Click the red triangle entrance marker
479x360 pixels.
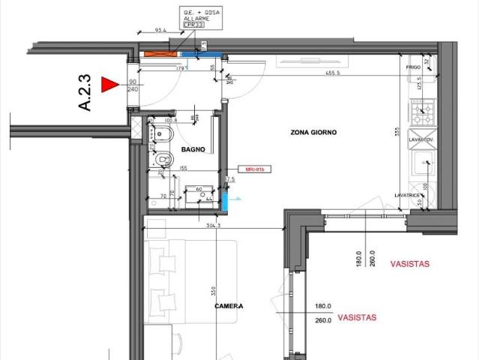coord(112,85)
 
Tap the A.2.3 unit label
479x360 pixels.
coord(85,92)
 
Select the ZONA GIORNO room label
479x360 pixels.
coord(314,132)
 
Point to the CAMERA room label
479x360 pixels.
coord(229,306)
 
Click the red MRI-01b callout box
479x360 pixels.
coord(248,169)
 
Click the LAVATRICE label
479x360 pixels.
coord(406,195)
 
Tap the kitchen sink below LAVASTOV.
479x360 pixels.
coord(425,160)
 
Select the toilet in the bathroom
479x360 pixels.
coord(162,158)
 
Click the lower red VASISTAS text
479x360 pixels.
coord(357,317)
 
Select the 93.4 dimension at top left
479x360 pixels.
coord(159,31)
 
